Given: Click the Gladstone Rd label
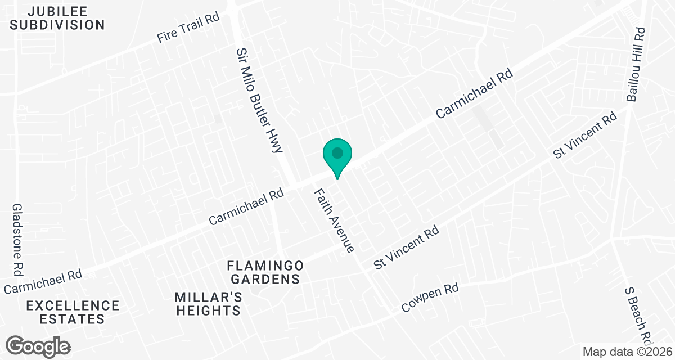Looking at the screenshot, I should pos(17,240).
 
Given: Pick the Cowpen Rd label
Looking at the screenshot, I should pos(430,298).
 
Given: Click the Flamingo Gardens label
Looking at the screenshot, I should pos(265,272).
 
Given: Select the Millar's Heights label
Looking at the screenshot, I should pos(208,304).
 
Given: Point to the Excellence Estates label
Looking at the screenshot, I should pos(73,312).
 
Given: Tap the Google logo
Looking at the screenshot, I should pos(38,345).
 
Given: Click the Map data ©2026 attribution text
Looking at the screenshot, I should pos(627,352).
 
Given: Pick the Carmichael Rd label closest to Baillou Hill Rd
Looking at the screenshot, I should pos(475,93).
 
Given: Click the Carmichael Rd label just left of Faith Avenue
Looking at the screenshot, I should pos(246,207).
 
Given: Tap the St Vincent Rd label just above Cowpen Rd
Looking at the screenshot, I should pos(407,248).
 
